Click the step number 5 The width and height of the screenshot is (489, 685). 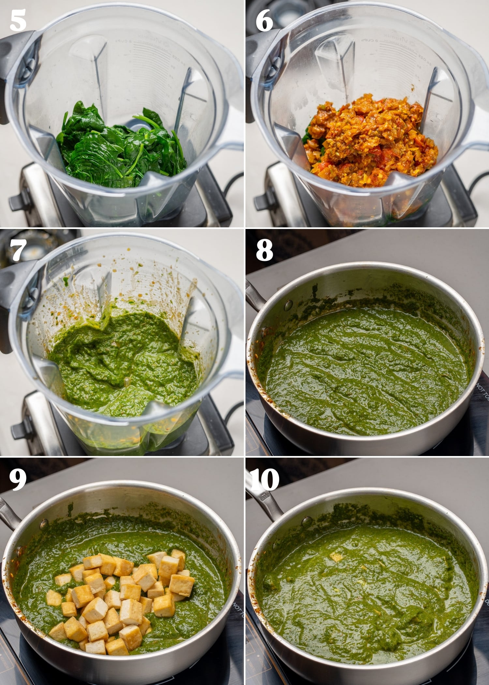(x=18, y=20)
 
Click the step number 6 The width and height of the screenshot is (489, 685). (x=264, y=20)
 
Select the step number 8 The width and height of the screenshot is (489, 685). (x=264, y=250)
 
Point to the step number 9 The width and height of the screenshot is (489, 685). (x=18, y=479)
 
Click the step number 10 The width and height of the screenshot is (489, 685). (x=265, y=479)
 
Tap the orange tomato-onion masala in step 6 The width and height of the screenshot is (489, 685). (x=362, y=137)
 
